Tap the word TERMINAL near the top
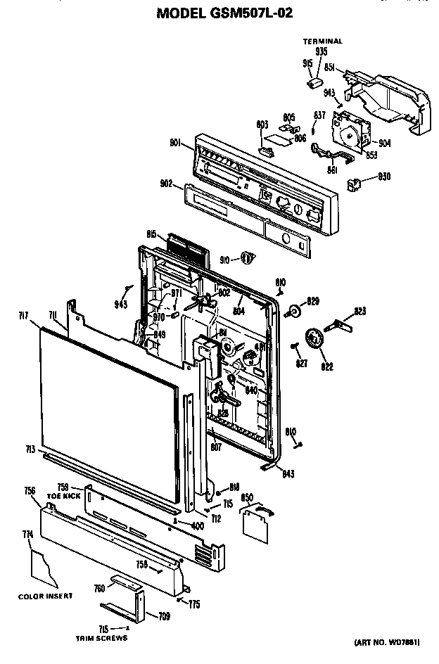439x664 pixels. point(322,41)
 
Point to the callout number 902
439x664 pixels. point(166,184)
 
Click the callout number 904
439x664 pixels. point(384,143)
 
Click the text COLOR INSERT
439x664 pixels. point(46,596)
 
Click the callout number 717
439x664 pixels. point(23,317)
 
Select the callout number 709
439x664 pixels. point(163,617)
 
